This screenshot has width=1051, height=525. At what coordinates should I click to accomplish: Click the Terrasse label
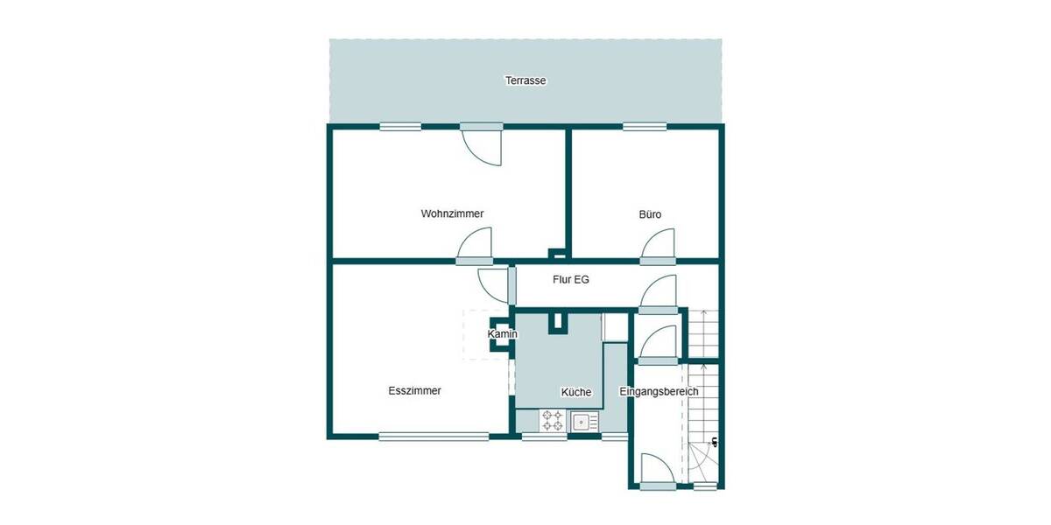(x=525, y=80)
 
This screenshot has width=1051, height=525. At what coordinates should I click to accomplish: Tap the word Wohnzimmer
(x=452, y=213)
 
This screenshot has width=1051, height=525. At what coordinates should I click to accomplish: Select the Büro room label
(x=649, y=214)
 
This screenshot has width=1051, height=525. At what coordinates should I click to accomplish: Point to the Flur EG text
(x=570, y=280)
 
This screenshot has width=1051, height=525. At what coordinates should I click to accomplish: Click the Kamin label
(x=503, y=334)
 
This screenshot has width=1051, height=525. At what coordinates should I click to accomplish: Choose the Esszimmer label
(x=414, y=391)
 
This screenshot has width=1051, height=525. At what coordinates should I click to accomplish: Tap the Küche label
(x=575, y=392)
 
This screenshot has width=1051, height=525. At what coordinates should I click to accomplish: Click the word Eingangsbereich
(x=659, y=391)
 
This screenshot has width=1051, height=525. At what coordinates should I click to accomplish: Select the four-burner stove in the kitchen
(x=552, y=421)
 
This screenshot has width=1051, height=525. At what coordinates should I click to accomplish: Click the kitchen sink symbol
(x=582, y=422)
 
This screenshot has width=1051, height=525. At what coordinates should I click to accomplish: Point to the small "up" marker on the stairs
(x=715, y=441)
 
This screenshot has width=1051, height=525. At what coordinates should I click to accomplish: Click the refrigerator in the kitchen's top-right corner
(x=616, y=326)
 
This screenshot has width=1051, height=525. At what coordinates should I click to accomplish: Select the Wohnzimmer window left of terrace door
(x=400, y=127)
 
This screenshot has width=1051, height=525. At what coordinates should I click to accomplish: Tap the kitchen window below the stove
(x=544, y=437)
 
